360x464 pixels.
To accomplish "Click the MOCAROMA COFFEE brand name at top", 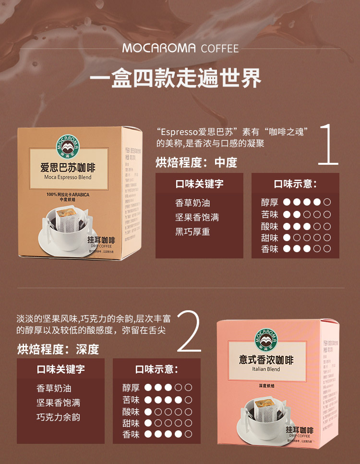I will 180,49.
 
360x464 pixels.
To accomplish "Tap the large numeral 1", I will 329,145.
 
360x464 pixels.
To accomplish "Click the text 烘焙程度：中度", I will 196,163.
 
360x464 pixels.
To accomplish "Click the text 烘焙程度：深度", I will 58,349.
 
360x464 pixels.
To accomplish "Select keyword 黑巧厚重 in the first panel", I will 192,232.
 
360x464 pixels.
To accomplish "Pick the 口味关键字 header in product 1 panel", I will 199,184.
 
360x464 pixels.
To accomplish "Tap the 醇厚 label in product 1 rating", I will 270,203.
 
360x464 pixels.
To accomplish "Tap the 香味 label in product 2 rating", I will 131,434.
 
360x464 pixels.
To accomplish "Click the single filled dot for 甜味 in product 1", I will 287,237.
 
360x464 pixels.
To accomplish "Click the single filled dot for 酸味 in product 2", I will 148,412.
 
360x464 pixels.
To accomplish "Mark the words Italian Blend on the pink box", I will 265,369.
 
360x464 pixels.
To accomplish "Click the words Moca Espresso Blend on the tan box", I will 67,177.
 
